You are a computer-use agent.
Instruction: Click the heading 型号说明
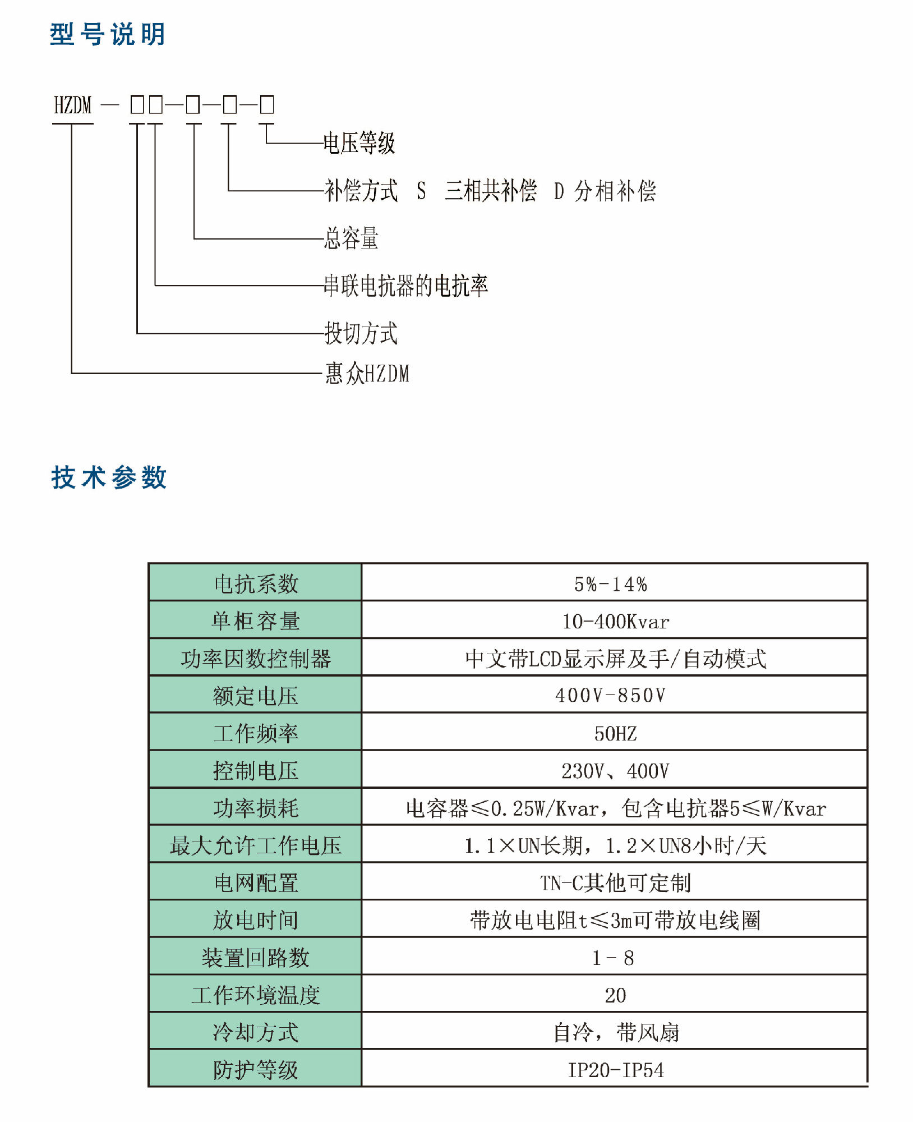pyautogui.click(x=108, y=35)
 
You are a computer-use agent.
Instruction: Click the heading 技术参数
pyautogui.click(x=109, y=478)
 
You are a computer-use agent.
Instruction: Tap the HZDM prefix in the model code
pyautogui.click(x=72, y=105)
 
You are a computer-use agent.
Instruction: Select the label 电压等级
pyautogui.click(x=359, y=143)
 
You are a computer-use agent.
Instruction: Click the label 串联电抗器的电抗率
pyautogui.click(x=406, y=286)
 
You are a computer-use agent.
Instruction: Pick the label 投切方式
pyautogui.click(x=361, y=333)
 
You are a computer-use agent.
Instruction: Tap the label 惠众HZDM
pyautogui.click(x=367, y=373)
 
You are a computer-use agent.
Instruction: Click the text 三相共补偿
pyautogui.click(x=490, y=191)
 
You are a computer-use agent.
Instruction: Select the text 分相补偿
pyautogui.click(x=615, y=191)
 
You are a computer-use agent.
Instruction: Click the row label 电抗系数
pyautogui.click(x=256, y=584)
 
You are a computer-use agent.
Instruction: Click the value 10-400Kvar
pyautogui.click(x=615, y=622)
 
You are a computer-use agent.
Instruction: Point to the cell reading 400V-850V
pyautogui.click(x=610, y=696)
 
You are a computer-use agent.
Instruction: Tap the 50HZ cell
pyautogui.click(x=615, y=733)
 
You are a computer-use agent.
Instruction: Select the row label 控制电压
pyautogui.click(x=256, y=771)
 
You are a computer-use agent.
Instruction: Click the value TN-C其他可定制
pyautogui.click(x=615, y=883)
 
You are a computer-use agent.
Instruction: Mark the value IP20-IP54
pyautogui.click(x=615, y=1070)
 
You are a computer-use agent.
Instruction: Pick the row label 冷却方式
pyautogui.click(x=256, y=1032)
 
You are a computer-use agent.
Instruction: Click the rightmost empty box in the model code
pyautogui.click(x=267, y=105)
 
